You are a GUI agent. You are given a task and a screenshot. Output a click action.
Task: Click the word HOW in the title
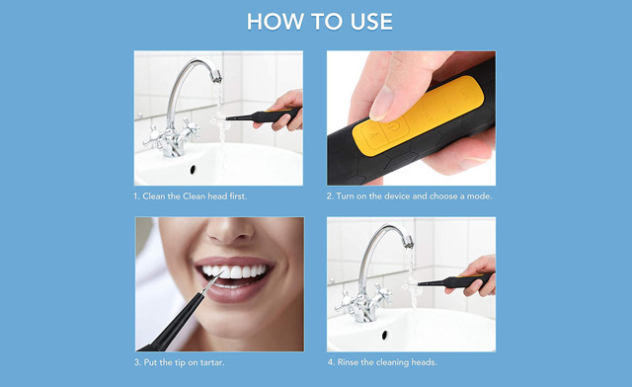tap(271, 22)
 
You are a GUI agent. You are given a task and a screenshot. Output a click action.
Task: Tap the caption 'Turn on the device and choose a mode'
tap(410, 196)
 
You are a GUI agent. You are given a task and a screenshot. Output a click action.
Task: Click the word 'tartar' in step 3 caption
tap(223, 362)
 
